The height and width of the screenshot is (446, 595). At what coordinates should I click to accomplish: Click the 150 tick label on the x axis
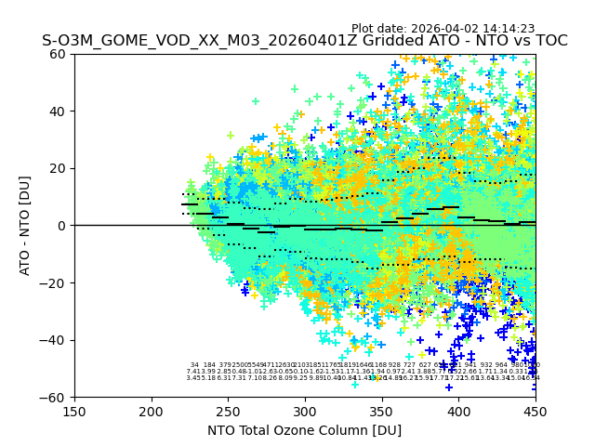coord(74,412)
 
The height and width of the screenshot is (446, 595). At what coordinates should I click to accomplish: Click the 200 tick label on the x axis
coord(152,412)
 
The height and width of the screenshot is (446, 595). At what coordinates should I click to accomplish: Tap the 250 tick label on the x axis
coord(228,412)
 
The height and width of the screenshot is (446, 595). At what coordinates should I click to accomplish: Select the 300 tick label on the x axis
coord(305,412)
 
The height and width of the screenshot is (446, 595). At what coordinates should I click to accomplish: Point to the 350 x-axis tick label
coord(381,412)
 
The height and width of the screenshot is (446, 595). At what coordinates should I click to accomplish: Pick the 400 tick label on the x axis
coord(458,412)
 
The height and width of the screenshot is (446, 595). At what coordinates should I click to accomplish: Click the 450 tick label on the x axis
coord(535,412)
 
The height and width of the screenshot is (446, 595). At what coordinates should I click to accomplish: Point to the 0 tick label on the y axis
coord(63,226)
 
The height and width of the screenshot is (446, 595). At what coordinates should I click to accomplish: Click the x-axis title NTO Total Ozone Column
coord(304,430)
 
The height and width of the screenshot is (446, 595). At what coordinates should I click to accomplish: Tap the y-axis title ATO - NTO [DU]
coord(25,226)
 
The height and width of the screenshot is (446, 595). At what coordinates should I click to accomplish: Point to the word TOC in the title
coord(549,41)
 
